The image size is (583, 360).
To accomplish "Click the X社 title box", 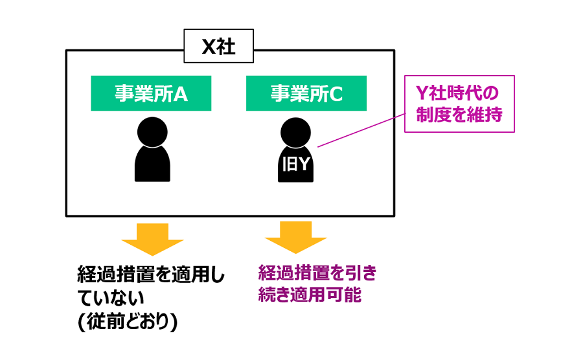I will coord(218,47).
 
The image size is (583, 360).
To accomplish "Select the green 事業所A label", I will coord(151,93).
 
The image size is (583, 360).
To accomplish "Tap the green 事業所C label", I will coord(306,93).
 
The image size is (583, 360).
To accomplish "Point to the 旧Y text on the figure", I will coord(296,165).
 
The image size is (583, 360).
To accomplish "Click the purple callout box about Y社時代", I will coord(459,104).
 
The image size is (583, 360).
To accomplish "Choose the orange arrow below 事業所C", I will coord(296,238).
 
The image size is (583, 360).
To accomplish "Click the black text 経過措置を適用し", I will coord(152,275).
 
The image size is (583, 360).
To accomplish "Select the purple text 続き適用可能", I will coord(310,295).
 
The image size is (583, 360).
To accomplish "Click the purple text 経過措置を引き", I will coord(317,273).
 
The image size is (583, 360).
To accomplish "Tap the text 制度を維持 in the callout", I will coord(459,115).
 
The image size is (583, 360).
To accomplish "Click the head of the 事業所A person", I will coord(152,131).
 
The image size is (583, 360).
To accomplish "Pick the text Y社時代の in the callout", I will coord(459,91).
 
